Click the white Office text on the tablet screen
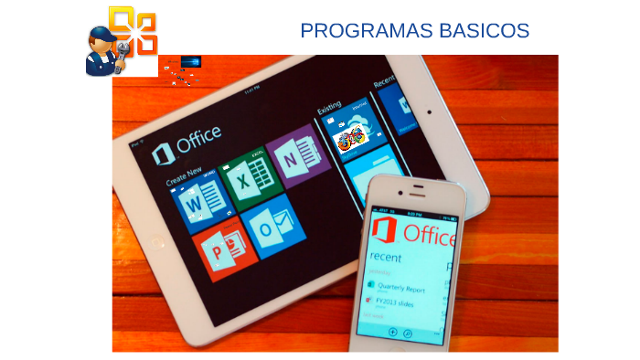coord(197,140)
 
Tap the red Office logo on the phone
coord(389,231)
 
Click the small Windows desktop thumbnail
coord(191,61)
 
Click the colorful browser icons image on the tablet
coord(351,138)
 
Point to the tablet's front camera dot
coord(427,114)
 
